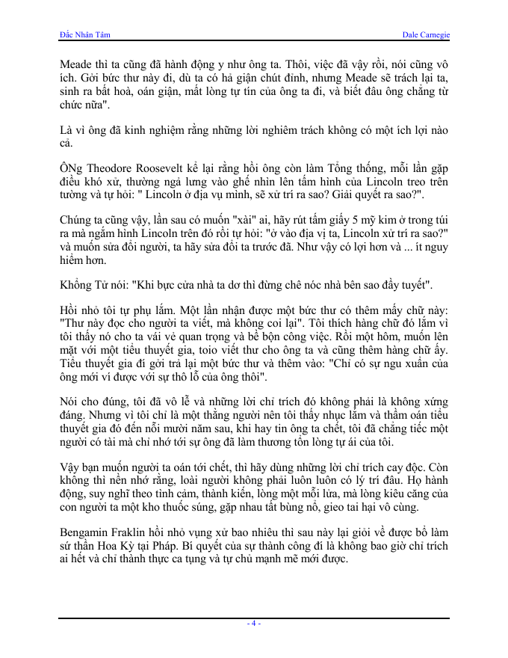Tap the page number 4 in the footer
coord(254,623)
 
